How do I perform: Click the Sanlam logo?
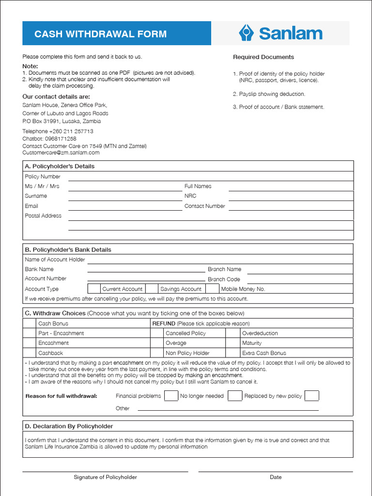(280, 33)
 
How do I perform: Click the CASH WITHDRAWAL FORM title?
(100, 34)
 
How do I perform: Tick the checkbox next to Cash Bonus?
(30, 323)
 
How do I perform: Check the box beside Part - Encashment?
(30, 333)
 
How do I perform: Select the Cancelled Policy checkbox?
(156, 333)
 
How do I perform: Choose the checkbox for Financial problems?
(170, 396)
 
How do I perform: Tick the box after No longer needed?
(234, 396)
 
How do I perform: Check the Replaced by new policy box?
(311, 396)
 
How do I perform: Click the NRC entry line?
(291, 197)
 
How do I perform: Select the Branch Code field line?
(300, 279)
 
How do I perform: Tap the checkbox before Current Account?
(94, 289)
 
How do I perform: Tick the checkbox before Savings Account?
(152, 289)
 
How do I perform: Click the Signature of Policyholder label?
(105, 477)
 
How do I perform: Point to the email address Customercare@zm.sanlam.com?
(61, 153)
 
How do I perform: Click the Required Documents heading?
(263, 57)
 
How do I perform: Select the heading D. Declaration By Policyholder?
(69, 426)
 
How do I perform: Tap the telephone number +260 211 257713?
(71, 131)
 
